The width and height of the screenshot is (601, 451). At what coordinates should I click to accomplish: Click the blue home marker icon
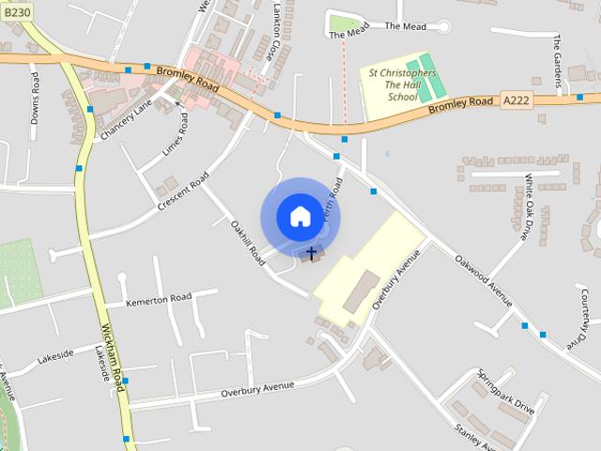point(300,216)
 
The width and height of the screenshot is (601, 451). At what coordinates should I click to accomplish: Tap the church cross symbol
point(313,253)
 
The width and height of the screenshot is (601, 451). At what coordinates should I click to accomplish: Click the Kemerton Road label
point(160,300)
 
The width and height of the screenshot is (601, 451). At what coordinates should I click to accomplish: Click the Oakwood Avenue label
point(482,279)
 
